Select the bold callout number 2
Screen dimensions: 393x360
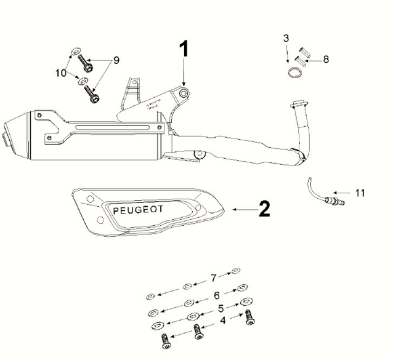point(264,210)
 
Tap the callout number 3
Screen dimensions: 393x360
point(286,39)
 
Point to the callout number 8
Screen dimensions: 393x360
point(326,59)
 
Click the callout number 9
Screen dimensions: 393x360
point(116,61)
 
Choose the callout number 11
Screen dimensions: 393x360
point(360,193)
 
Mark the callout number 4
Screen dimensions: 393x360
point(224,321)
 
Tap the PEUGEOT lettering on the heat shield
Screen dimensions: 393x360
point(138,210)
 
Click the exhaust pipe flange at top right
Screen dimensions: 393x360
point(300,105)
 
